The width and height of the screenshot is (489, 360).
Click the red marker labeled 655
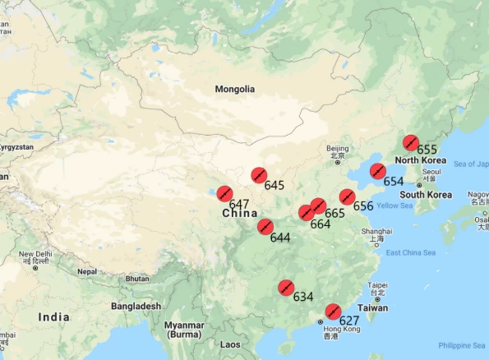pyautogui.click(x=411, y=141)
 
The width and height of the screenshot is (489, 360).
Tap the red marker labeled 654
pyautogui.click(x=377, y=172)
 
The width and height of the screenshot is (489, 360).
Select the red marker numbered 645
pyautogui.click(x=259, y=175)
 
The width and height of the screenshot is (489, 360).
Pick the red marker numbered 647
pyautogui.click(x=224, y=194)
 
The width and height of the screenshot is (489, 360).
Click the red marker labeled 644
pyautogui.click(x=265, y=227)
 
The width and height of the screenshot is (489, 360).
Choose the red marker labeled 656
pyautogui.click(x=348, y=197)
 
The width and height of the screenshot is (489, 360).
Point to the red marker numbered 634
pyautogui.click(x=286, y=287)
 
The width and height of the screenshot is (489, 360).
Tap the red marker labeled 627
pyautogui.click(x=333, y=312)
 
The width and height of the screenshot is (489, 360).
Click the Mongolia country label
pyautogui.click(x=235, y=89)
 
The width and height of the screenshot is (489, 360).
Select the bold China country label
pyautogui.click(x=240, y=214)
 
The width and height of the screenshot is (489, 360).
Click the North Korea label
pyautogui.click(x=420, y=160)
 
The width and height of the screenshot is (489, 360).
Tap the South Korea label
pyautogui.click(x=427, y=195)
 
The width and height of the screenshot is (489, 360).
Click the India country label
pyautogui.click(x=53, y=316)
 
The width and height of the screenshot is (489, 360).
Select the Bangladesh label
pyautogui.click(x=137, y=306)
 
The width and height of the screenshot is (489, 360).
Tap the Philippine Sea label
pyautogui.click(x=462, y=344)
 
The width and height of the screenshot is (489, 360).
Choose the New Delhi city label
pyautogui.click(x=36, y=255)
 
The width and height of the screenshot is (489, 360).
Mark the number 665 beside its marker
pyautogui.click(x=334, y=213)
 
